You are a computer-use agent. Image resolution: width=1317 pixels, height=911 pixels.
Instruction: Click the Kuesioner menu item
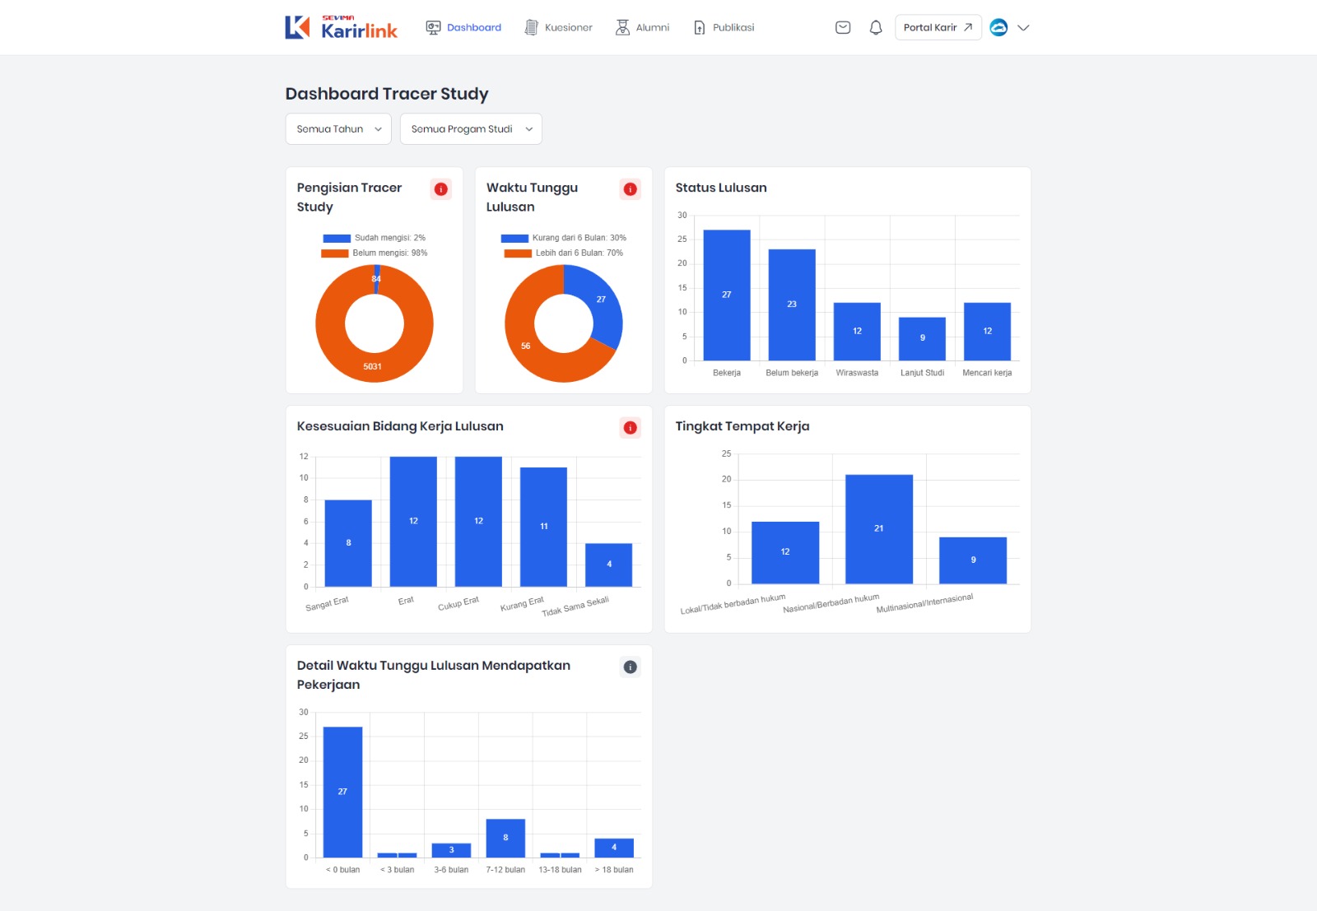[559, 27]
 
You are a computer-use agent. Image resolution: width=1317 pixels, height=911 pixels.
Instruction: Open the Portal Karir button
[938, 27]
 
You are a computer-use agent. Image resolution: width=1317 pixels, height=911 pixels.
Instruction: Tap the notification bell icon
[876, 27]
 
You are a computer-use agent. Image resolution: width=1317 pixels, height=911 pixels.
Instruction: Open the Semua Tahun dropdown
[338, 129]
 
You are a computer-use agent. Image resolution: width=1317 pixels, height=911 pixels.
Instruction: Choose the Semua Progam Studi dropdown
[471, 129]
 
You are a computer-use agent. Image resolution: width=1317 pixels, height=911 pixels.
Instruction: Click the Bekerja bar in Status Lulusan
[727, 295]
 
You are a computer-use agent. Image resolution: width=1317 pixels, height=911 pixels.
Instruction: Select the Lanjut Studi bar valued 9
[922, 338]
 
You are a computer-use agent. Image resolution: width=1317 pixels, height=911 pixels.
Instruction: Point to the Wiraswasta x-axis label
[857, 373]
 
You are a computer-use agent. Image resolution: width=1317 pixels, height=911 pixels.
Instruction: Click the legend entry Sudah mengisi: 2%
[375, 238]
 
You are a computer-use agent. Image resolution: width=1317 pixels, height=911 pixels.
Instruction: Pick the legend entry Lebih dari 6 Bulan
[564, 253]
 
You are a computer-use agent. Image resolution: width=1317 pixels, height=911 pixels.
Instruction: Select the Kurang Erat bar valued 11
[543, 527]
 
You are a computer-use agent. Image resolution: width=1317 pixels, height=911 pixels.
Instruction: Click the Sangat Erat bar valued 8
[348, 543]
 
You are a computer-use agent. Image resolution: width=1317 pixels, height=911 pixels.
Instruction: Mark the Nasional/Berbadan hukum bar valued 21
[879, 529]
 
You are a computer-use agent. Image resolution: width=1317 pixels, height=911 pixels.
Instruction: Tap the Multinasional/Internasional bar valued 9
[973, 560]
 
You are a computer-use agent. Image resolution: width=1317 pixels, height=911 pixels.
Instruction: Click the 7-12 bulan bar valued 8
[505, 838]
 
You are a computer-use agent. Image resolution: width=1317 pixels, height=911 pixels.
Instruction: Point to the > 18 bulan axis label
[614, 870]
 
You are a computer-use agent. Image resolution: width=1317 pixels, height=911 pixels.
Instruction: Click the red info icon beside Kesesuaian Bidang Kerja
[631, 428]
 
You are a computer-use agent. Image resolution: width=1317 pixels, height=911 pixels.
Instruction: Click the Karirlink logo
[342, 27]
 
